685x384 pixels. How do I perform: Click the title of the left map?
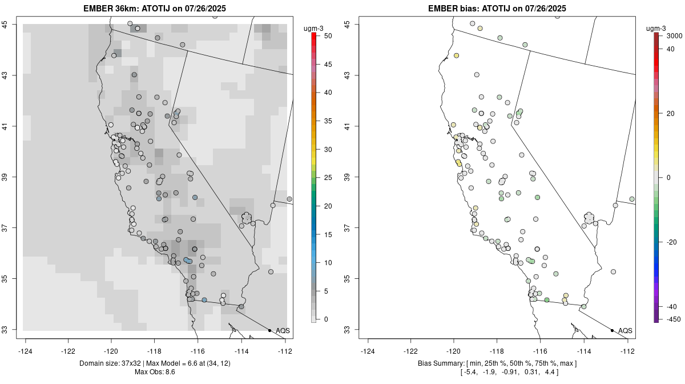[x=158, y=9]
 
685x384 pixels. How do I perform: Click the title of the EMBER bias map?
[x=497, y=9]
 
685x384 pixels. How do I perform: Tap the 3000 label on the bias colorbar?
[x=674, y=36]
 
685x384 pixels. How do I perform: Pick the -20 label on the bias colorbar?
[x=672, y=242]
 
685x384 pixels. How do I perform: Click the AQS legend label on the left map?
[x=283, y=331]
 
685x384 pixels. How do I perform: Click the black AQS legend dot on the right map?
[x=612, y=330]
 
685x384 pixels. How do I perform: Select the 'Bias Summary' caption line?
[x=497, y=364]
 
